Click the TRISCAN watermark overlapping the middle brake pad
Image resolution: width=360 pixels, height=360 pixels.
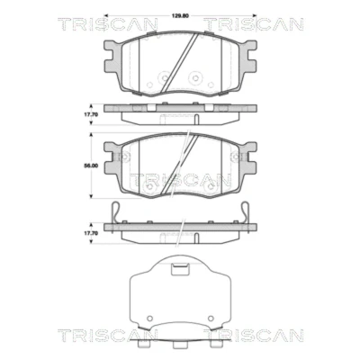[x=180, y=180]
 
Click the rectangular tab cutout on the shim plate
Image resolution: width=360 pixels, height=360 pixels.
[x=180, y=269]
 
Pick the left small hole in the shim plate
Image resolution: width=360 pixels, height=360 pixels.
[x=150, y=319]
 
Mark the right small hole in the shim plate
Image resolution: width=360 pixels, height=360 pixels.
[x=211, y=319]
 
